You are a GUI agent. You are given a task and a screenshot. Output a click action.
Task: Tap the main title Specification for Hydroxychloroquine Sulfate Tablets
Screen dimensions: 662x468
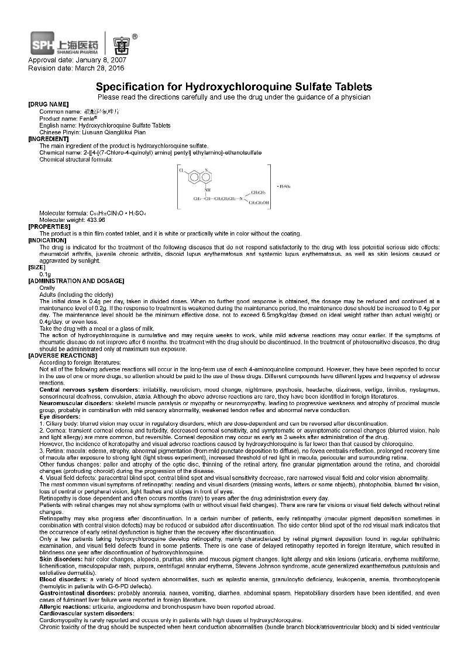234,87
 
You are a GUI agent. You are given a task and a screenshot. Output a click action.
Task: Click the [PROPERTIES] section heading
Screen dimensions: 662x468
49,226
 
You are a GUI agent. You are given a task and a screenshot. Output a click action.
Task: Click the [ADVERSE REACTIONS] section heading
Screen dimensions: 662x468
63,355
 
